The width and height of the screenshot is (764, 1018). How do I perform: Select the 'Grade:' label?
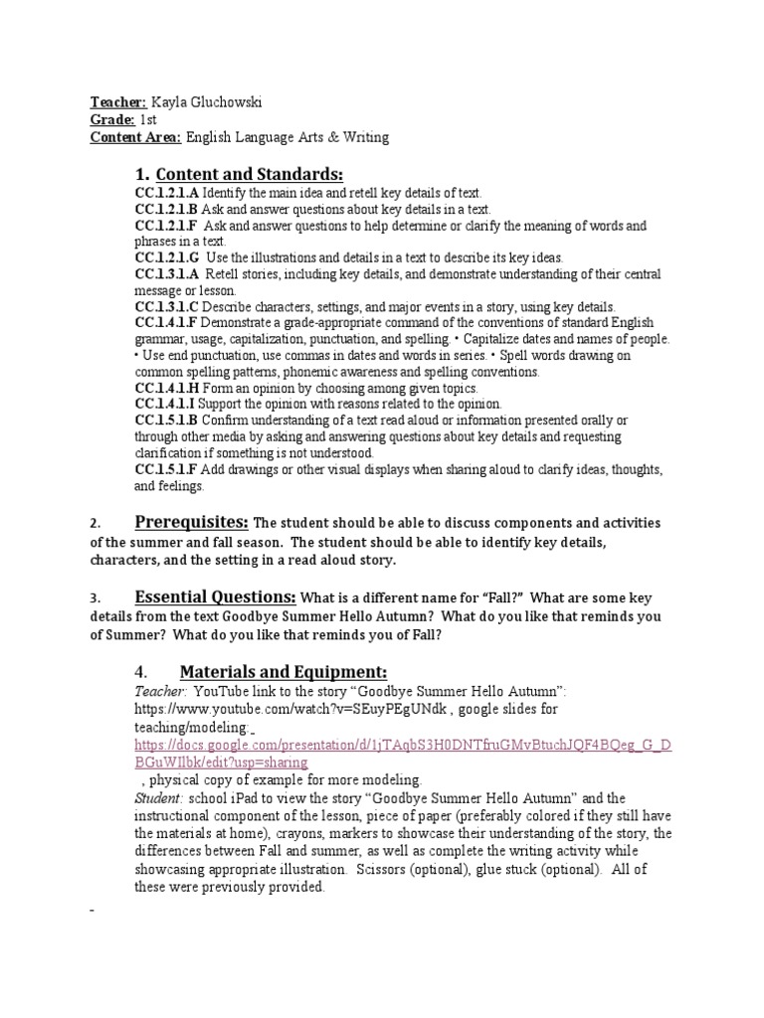click(112, 119)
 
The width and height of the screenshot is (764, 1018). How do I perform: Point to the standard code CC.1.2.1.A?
click(167, 193)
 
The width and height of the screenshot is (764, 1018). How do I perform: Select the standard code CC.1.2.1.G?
click(167, 256)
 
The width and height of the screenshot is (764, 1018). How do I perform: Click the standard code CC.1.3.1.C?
click(167, 306)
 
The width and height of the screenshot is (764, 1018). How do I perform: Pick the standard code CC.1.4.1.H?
click(167, 388)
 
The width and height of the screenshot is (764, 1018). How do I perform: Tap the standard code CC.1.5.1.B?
click(167, 421)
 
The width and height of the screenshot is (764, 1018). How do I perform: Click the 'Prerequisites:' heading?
click(191, 522)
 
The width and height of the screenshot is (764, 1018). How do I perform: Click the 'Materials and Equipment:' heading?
click(283, 671)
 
